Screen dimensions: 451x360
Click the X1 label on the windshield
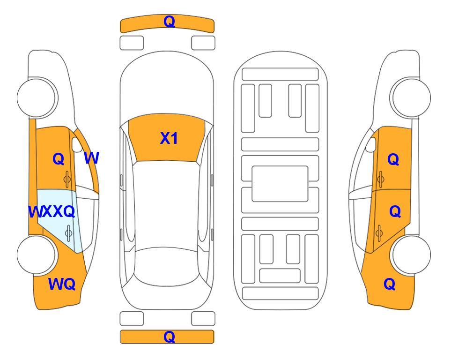coord(169,138)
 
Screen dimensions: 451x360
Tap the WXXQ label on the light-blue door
coord(52,212)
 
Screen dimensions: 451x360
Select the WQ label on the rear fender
coord(62,284)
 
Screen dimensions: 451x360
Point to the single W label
coord(92,158)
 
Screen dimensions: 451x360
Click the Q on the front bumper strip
coord(169,21)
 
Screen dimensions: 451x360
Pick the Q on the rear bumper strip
coord(169,337)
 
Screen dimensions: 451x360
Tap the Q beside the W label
coord(59,159)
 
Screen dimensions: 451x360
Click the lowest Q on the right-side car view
coord(390,284)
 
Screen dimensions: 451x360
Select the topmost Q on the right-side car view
coord(393,159)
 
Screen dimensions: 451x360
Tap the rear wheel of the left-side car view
coord(37,255)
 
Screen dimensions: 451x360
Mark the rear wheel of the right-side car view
coord(411,255)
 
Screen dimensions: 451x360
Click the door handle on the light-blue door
coord(68,233)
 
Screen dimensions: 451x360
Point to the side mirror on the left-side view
coord(77,145)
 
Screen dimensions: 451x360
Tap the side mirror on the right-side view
coord(371,145)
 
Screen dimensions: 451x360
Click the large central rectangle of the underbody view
coord(280,184)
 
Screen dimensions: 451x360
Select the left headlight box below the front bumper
coord(132,43)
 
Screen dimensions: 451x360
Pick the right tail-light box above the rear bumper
coord(203,319)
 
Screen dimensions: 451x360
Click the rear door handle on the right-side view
coord(379,233)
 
